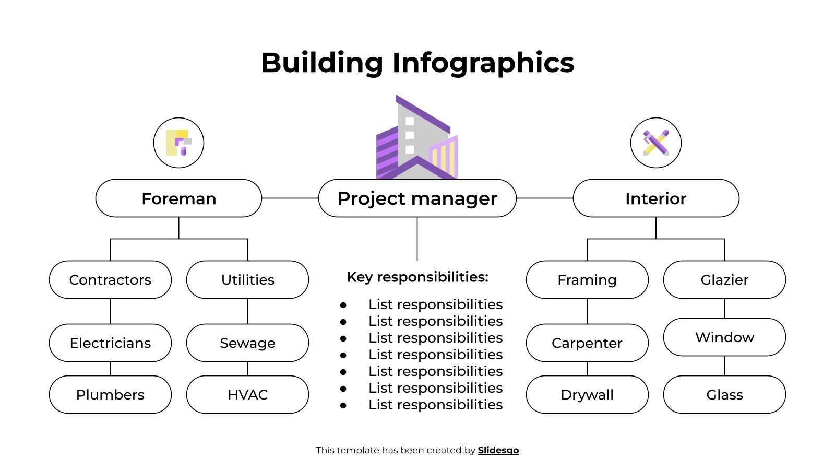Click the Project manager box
[x=417, y=198]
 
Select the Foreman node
[x=178, y=198]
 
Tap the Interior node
[x=655, y=198]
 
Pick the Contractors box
[x=110, y=280]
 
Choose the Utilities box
[x=247, y=280]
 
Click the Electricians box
[x=110, y=343]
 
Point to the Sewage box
[x=247, y=343]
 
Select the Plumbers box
[x=110, y=395]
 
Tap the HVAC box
[x=247, y=395]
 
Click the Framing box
[x=587, y=280]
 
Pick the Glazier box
[x=724, y=280]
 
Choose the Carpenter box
[x=587, y=343]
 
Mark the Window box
[x=724, y=337]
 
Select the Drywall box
[x=587, y=395]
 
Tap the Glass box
[x=724, y=395]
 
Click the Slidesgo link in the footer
[x=498, y=450]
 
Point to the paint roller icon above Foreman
[x=178, y=143]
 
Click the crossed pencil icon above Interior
[x=655, y=143]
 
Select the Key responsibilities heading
[x=417, y=277]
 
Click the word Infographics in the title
[x=483, y=63]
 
